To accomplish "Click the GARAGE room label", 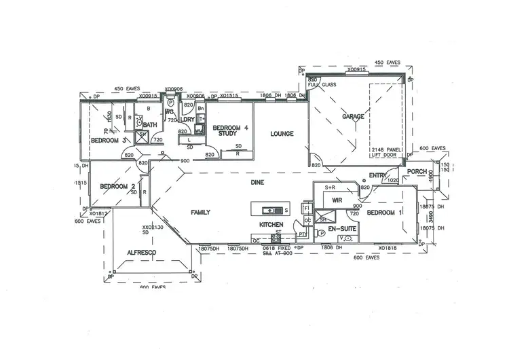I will point(353,117).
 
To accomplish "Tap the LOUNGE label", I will point(282,134).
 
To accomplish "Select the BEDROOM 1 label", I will point(385,213).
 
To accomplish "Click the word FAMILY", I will point(200,213).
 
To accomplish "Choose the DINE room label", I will point(257,183).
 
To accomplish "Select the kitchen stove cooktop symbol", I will point(278,238).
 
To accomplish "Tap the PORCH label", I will point(417,171).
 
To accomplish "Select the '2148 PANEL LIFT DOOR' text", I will point(386,152).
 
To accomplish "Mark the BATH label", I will point(150,125).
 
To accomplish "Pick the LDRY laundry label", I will point(187,120).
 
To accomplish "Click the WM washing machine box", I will point(199,130).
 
